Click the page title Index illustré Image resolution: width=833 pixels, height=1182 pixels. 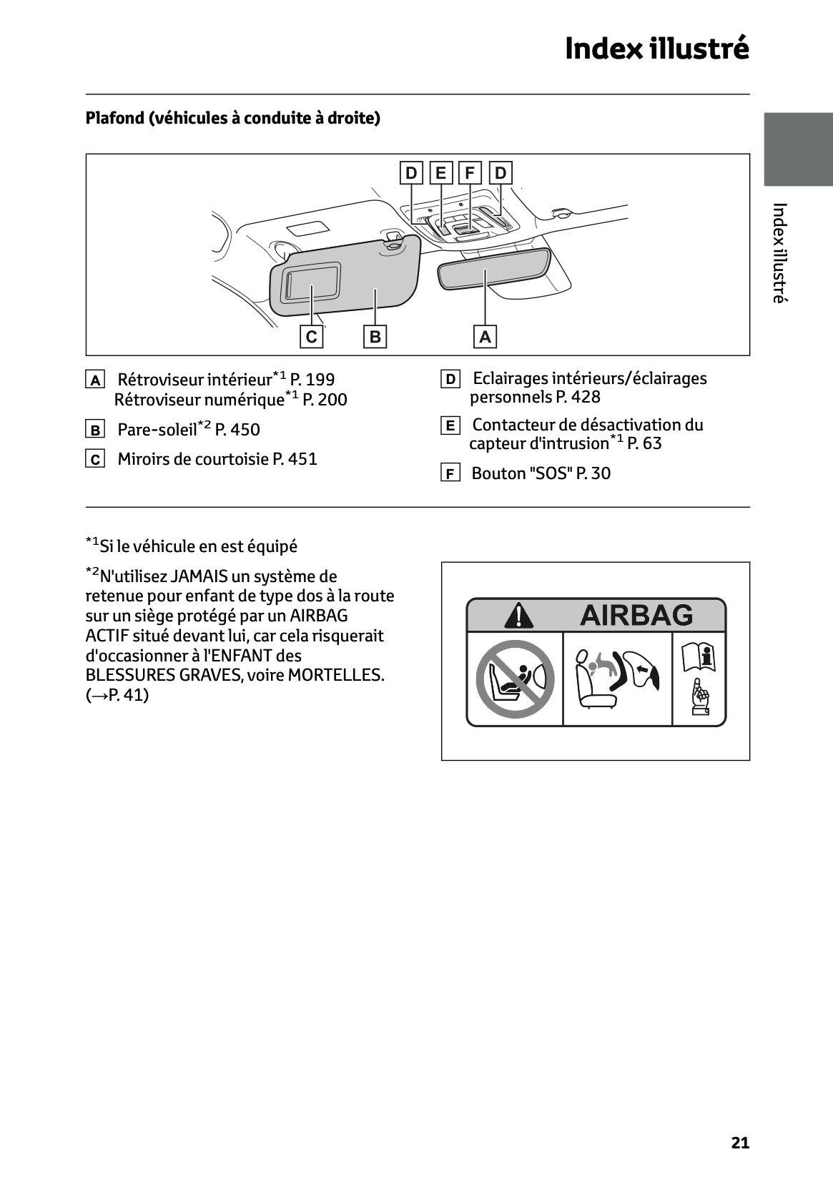coord(656,49)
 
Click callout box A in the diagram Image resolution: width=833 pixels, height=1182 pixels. coord(485,337)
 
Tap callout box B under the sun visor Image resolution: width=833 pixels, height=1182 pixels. coord(375,337)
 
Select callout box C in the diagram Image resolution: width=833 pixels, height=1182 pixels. coord(311,337)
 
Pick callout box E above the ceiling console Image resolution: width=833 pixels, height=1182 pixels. coord(440,173)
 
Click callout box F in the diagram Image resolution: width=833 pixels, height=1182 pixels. coord(470,173)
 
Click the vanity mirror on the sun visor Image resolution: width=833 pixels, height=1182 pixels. coord(311,282)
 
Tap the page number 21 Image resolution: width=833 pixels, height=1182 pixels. coord(740,1143)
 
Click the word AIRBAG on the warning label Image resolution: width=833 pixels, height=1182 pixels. coord(636,615)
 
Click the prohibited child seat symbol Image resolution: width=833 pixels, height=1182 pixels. coord(515,679)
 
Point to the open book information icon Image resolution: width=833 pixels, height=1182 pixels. coord(699,656)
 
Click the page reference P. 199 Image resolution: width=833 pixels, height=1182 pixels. coord(312,380)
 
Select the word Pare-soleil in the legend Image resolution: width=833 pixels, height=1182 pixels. coord(157,430)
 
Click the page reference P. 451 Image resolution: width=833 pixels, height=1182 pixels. coord(295,459)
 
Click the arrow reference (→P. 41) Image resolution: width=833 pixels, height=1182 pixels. coord(117,695)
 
